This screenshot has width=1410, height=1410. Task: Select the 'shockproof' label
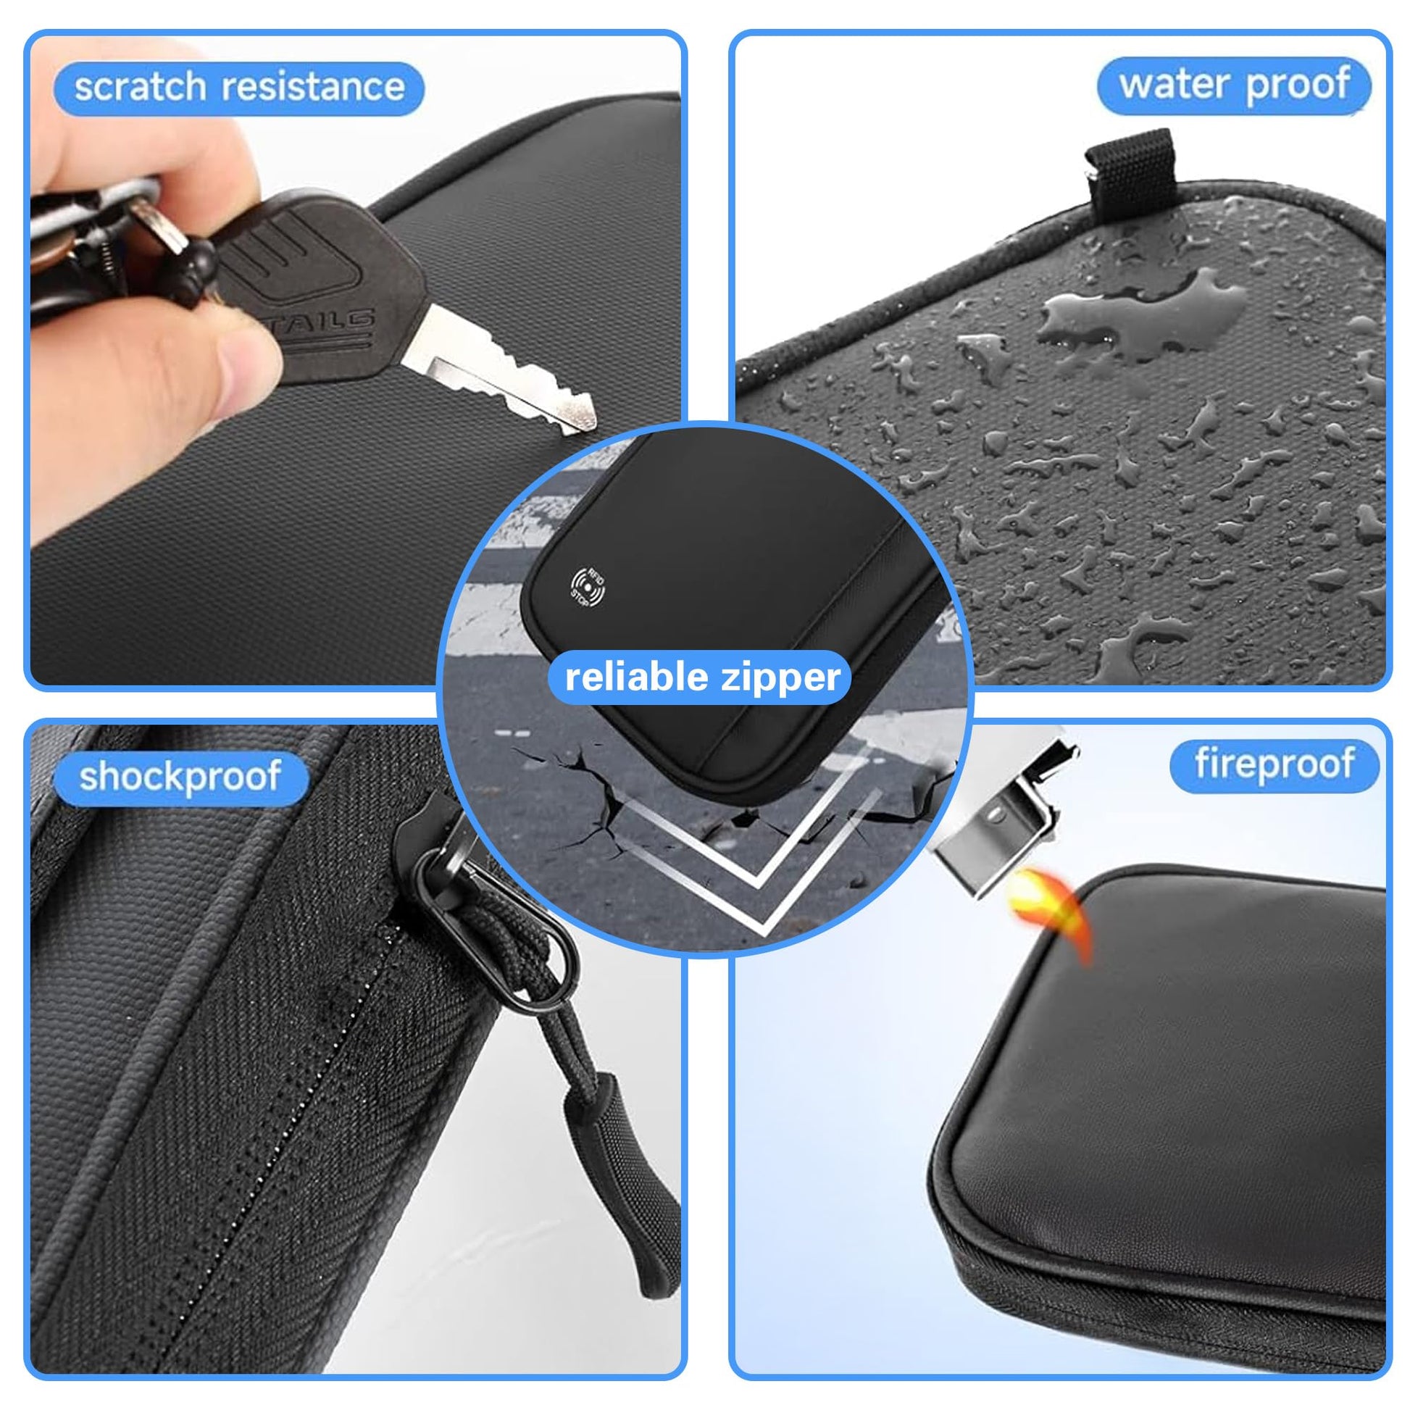pos(180,776)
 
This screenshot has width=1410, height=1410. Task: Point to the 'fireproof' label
pos(1275,764)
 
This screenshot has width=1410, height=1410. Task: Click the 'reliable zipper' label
pos(704,677)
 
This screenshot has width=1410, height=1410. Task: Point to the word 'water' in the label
pos(1175,84)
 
